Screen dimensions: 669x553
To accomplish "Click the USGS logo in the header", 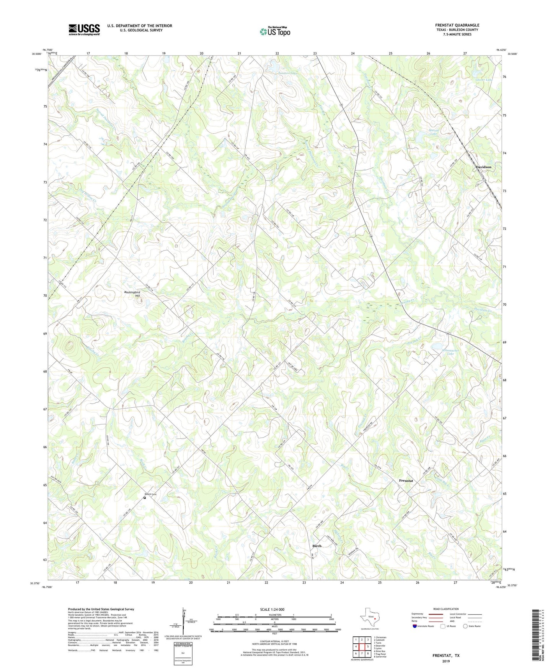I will point(84,29).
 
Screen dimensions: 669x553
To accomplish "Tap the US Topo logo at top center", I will point(275,31).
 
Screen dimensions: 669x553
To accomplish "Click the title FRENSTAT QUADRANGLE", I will point(457,25).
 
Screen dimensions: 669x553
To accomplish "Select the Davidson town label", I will point(483,167).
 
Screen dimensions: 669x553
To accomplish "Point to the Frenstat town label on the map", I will point(406,480).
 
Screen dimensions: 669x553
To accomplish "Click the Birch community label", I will point(317,546).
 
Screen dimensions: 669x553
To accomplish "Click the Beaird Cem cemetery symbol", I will point(145,498).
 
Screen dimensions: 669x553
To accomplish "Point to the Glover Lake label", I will point(483,80).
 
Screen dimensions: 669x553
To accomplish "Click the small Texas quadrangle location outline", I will point(370,618).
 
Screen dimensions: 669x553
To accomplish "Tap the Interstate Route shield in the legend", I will point(415,626).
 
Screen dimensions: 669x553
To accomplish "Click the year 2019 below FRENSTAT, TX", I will point(446,661).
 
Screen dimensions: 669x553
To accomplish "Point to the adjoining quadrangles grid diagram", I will point(362,647).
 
